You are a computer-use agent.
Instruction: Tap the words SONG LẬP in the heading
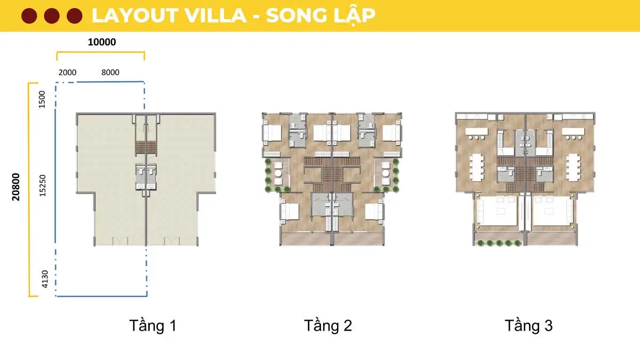click(320, 15)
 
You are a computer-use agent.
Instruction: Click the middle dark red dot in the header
click(52, 16)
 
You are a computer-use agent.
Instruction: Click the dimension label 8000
click(110, 73)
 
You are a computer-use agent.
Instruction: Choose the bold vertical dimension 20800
click(17, 186)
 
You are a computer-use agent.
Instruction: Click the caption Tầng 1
click(153, 325)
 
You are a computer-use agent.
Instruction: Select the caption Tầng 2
click(328, 325)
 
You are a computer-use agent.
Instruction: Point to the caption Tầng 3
click(529, 325)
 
